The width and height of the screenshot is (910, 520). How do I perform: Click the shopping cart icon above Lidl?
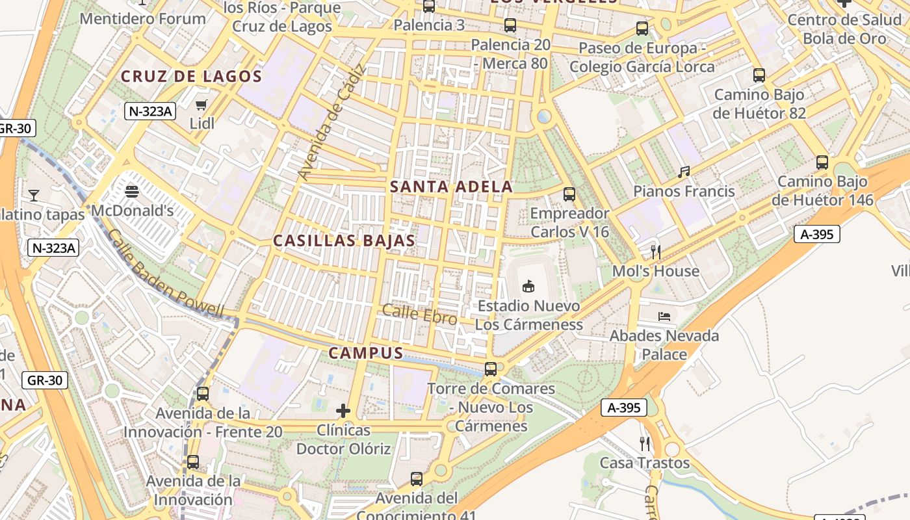coord(201,105)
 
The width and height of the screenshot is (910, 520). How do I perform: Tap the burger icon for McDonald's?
coord(132,192)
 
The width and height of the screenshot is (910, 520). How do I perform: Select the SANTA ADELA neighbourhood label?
coord(451,187)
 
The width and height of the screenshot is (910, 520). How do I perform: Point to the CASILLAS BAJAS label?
coord(344,240)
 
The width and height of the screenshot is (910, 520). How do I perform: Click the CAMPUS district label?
coord(366,353)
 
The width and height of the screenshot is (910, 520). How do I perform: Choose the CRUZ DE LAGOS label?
coord(191,77)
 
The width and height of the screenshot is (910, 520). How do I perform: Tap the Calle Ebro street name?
coord(419,314)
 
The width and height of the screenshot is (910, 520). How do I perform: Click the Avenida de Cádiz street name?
coord(332,123)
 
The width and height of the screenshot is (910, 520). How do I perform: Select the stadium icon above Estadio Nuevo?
coord(528,286)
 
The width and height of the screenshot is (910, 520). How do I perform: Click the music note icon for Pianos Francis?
coord(684,172)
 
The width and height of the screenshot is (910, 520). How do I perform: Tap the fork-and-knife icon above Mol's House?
coord(656,252)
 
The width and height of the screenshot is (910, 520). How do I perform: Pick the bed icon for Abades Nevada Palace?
coord(664,317)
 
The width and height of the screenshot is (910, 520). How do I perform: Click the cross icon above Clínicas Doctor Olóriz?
coord(343,411)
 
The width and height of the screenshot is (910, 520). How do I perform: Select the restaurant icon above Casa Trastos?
coord(645,444)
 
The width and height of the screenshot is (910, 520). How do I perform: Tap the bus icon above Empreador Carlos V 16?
coord(569,194)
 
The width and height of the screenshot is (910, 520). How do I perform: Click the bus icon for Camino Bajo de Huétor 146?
coord(822,162)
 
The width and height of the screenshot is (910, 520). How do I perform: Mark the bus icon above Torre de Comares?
coord(491,369)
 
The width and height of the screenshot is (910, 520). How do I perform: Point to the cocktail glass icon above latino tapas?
coord(33,195)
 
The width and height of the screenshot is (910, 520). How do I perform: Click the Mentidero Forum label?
coord(142,18)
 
